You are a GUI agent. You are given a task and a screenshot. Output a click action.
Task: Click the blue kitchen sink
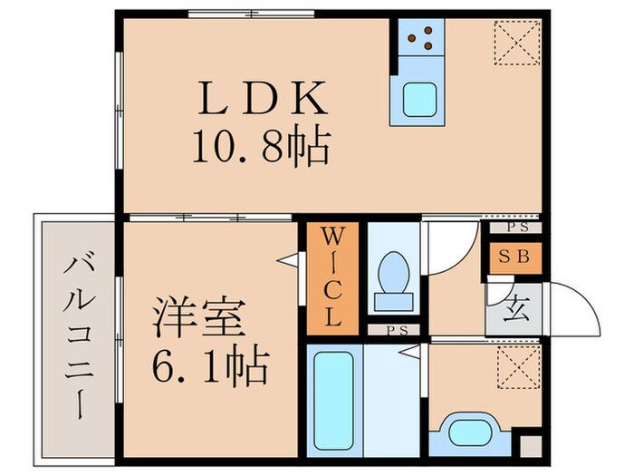pyautogui.click(x=418, y=98)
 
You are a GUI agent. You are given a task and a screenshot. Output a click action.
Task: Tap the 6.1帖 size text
pyautogui.click(x=210, y=367)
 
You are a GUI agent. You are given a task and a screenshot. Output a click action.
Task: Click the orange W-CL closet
pyautogui.click(x=331, y=277)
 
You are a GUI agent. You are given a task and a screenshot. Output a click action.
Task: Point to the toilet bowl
pyautogui.click(x=392, y=271)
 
